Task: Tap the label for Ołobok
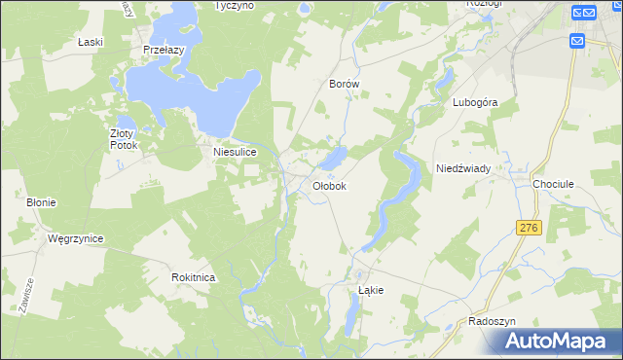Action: click(x=329, y=185)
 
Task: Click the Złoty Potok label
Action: click(x=125, y=139)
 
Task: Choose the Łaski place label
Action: click(x=90, y=43)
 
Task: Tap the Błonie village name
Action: click(x=41, y=202)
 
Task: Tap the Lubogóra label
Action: click(x=475, y=101)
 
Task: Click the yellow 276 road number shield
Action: click(x=529, y=227)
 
